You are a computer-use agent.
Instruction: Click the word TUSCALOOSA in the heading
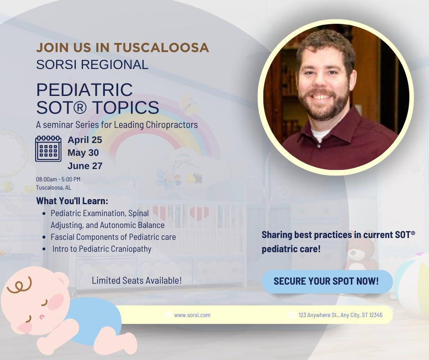(162, 48)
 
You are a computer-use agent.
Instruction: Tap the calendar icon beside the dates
(48, 148)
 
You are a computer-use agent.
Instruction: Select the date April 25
(85, 140)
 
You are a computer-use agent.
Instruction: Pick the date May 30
(83, 153)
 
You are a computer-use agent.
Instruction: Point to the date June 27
(85, 166)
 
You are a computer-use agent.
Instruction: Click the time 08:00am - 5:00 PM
(58, 179)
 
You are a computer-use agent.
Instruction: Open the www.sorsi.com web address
(192, 315)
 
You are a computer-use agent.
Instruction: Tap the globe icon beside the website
(168, 314)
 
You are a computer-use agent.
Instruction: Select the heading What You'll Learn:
(72, 201)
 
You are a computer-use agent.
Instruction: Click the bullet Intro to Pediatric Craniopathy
(102, 249)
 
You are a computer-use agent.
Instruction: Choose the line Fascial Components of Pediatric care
(113, 237)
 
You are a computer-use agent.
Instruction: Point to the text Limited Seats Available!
(137, 281)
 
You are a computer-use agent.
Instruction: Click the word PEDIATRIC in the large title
(84, 90)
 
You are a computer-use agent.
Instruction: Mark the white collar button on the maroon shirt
(319, 146)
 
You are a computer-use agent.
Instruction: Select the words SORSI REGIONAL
(92, 65)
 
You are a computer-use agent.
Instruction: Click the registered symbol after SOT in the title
(79, 108)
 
